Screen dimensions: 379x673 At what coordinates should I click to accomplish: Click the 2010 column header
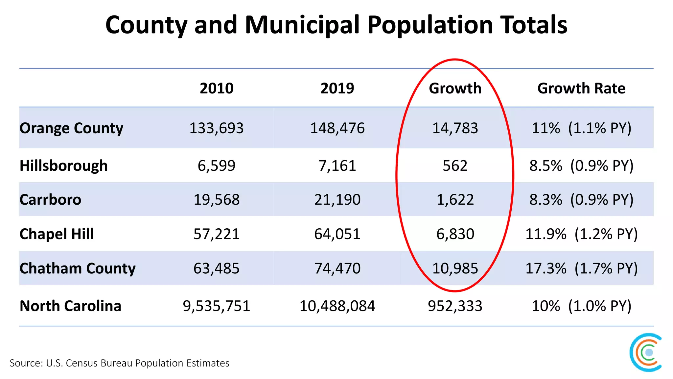217,88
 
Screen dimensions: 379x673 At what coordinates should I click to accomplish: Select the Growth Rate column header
581,88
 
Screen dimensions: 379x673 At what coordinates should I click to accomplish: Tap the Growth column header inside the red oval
455,88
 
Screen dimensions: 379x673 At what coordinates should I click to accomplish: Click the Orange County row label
71,128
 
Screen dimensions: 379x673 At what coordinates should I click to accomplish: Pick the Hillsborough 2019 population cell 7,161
337,165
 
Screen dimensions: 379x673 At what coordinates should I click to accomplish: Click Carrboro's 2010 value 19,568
217,200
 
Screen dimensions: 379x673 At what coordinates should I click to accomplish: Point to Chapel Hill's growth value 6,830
455,234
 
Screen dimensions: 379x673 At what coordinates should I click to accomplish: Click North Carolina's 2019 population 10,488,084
337,306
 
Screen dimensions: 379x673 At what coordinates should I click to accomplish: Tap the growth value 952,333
455,306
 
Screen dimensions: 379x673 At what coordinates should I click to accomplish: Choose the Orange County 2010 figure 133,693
217,128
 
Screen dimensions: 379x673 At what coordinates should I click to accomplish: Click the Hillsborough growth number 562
455,165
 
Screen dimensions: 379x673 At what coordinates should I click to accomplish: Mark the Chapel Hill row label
57,234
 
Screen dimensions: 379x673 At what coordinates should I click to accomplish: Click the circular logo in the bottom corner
646,352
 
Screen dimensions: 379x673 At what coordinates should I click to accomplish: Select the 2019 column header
337,88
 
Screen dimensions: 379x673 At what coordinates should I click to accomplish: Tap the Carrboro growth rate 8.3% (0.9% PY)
581,200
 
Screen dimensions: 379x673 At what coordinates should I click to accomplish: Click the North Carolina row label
70,306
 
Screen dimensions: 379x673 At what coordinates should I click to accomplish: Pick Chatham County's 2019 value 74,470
337,268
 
